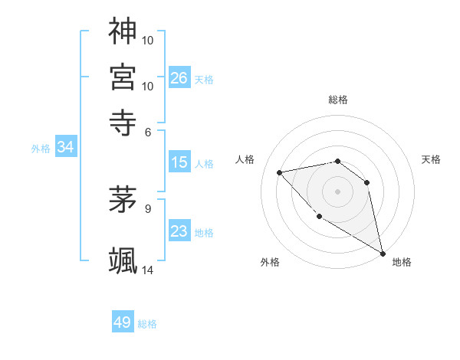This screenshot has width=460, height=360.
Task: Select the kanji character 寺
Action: pos(123,120)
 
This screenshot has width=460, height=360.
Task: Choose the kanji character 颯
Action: pos(123,260)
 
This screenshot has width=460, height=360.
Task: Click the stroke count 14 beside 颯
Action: pos(148,270)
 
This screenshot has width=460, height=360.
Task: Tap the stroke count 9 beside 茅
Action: pos(148,207)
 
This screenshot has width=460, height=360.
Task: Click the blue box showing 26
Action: pos(179,77)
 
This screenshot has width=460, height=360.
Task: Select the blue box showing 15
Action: pos(179,162)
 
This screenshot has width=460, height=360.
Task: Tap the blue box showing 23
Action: pos(179,231)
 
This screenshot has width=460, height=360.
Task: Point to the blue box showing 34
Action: pos(65,147)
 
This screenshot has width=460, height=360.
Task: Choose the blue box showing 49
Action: pos(123,322)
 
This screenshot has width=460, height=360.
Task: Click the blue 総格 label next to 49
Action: pos(147,324)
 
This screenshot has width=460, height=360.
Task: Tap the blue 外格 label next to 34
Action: pos(41,149)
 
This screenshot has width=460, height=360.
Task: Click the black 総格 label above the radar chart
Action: pos(338,100)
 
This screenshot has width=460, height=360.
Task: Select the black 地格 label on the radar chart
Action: pos(402,263)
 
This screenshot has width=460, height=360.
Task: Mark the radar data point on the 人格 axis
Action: pos(280,172)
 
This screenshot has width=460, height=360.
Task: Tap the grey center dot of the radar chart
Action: pos(337,191)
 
